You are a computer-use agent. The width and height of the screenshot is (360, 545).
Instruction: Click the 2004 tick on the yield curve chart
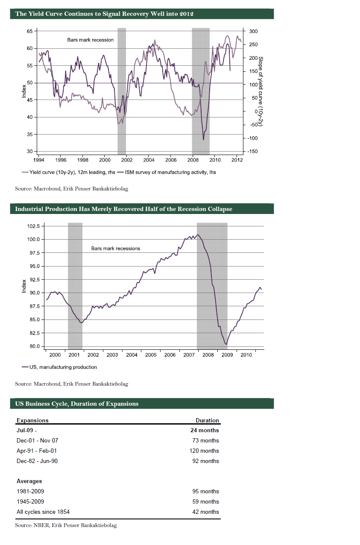[x=149, y=160]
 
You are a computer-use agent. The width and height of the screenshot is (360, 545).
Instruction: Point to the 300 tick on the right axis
[x=252, y=31]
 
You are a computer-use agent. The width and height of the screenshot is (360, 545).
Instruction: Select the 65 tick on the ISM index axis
[x=29, y=31]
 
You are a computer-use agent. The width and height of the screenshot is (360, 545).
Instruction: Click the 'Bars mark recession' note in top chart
[x=91, y=40]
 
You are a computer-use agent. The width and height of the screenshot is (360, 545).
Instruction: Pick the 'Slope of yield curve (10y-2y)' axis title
[x=260, y=91]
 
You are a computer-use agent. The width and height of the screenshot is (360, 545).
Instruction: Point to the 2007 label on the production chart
[x=189, y=355]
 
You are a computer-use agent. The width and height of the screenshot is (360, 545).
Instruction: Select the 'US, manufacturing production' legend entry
[x=63, y=367]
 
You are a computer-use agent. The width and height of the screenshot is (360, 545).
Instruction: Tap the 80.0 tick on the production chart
[x=34, y=346]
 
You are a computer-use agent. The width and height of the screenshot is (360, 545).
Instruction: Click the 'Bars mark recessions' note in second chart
[x=116, y=248]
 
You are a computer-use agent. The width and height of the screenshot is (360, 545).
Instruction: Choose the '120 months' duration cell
[x=204, y=451]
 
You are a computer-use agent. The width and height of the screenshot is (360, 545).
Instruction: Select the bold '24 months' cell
[x=205, y=430]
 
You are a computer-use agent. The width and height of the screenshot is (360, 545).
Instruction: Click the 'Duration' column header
[x=207, y=420]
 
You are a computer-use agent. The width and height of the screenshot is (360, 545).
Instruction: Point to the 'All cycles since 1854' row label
[x=43, y=512]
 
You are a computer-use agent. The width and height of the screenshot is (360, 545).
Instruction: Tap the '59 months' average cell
[x=205, y=501]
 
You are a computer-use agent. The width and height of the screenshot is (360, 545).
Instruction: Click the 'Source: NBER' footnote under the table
[x=66, y=525]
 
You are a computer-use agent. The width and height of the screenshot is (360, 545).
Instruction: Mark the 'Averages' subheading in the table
[x=29, y=481]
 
